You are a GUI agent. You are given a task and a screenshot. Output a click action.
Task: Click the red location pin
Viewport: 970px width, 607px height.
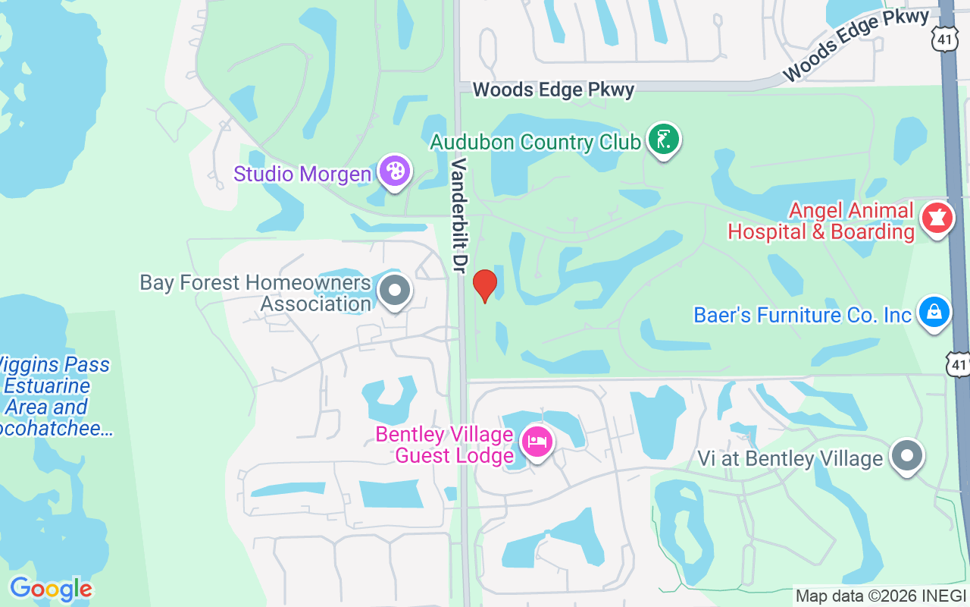pos(485,285)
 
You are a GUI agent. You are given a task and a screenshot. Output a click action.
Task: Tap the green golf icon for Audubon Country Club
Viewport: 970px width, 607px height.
pos(664,140)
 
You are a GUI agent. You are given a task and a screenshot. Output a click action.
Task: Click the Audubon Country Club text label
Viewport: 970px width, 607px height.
pos(535,142)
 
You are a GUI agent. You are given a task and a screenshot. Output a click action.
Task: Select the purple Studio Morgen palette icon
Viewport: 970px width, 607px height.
pos(394,171)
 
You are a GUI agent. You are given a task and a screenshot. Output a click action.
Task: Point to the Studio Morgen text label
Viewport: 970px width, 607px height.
pos(302,174)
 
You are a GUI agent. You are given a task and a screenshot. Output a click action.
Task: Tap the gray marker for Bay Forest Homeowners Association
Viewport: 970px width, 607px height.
pos(394,291)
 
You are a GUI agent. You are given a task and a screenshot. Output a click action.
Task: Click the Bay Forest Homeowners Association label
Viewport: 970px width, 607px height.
pos(255,294)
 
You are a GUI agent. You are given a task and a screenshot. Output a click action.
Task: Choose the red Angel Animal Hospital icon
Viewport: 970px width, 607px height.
pos(937,219)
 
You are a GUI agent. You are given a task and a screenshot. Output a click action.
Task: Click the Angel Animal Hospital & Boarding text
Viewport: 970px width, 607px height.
pos(821,221)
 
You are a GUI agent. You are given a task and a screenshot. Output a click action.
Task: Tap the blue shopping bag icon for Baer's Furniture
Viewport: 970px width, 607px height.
pos(934,312)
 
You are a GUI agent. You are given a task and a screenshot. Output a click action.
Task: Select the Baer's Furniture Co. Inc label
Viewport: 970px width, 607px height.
pos(803,315)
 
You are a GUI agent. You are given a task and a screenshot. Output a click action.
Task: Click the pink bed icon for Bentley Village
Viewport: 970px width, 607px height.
pos(538,441)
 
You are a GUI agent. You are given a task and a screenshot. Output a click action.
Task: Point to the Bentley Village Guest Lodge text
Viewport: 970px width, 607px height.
pos(445,445)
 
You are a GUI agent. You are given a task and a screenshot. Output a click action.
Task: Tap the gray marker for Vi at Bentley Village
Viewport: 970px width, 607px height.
pos(906,456)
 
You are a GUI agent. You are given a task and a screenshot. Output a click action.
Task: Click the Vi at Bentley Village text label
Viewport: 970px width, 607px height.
pos(790,458)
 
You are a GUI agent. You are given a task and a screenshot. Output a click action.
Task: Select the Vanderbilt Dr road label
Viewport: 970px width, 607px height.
pos(460,205)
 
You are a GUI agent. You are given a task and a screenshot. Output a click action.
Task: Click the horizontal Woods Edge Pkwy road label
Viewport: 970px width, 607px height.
pos(553,90)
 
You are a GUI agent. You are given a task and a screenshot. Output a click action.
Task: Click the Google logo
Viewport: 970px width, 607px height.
pos(51,589)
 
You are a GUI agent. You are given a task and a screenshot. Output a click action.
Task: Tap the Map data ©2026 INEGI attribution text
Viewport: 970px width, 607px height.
pos(881,596)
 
